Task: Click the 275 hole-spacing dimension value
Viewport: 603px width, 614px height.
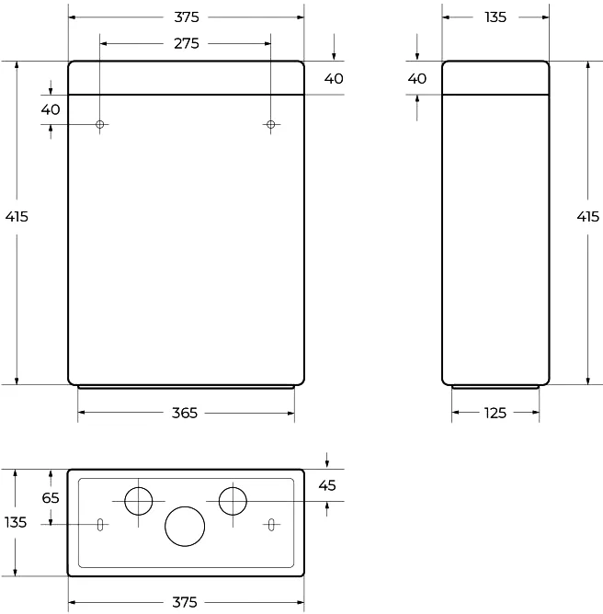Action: point(185,43)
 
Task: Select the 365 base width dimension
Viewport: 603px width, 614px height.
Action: point(185,414)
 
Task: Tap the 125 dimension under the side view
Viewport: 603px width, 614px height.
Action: point(495,414)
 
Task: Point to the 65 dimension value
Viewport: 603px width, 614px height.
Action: point(51,497)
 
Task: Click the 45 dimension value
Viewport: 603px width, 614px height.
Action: point(328,484)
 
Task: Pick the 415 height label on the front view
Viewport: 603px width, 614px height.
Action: point(17,217)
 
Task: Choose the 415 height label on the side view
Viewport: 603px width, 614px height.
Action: point(587,217)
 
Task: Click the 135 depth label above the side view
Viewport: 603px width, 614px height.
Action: point(495,17)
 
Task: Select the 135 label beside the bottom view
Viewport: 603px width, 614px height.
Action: point(16,522)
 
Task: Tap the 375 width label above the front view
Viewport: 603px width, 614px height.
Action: point(185,17)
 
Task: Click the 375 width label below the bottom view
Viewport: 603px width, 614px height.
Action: point(185,602)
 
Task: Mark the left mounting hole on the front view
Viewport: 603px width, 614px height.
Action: point(100,124)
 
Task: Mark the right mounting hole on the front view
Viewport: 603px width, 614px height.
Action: point(270,124)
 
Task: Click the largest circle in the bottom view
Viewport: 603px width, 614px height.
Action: point(185,526)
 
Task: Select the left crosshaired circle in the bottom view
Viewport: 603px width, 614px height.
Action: point(139,501)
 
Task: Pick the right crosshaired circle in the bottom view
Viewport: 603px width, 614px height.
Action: point(233,501)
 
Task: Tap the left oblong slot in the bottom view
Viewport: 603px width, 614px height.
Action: point(98,525)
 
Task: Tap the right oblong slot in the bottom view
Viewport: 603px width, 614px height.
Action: point(271,525)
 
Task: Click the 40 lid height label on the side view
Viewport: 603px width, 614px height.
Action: point(417,79)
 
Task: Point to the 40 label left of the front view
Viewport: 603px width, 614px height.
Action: point(51,109)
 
